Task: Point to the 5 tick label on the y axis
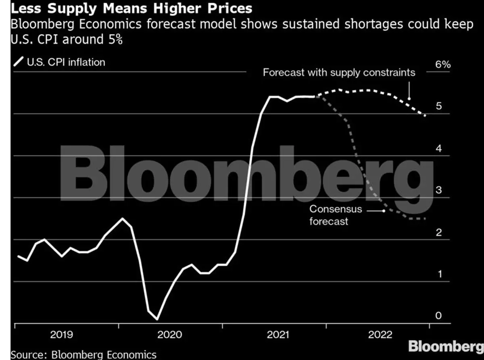point(439,106)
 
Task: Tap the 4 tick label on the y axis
point(439,149)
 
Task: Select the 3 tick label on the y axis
point(439,191)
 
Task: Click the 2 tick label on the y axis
point(439,233)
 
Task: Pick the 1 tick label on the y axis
point(439,275)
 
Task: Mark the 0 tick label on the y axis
point(439,316)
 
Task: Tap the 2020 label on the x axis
point(170,335)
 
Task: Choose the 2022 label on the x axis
point(380,335)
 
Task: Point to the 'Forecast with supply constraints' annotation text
point(339,73)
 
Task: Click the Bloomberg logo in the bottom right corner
point(446,346)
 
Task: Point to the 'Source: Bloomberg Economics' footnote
point(83,355)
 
